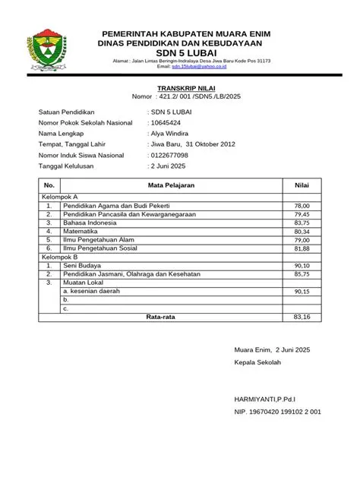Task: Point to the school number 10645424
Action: coord(166,122)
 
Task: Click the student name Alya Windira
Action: coord(172,133)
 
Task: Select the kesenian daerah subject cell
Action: coord(92,291)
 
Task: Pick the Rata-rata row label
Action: coord(160,317)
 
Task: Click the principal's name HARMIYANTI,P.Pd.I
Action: coord(265,398)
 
